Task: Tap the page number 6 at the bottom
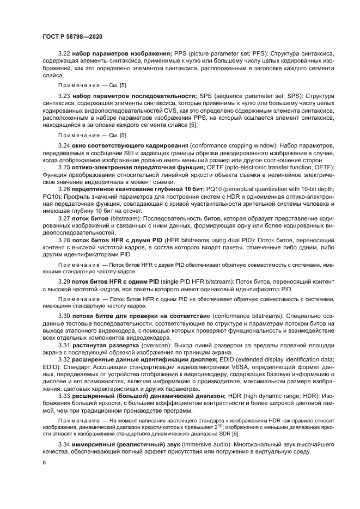click(x=44, y=462)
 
